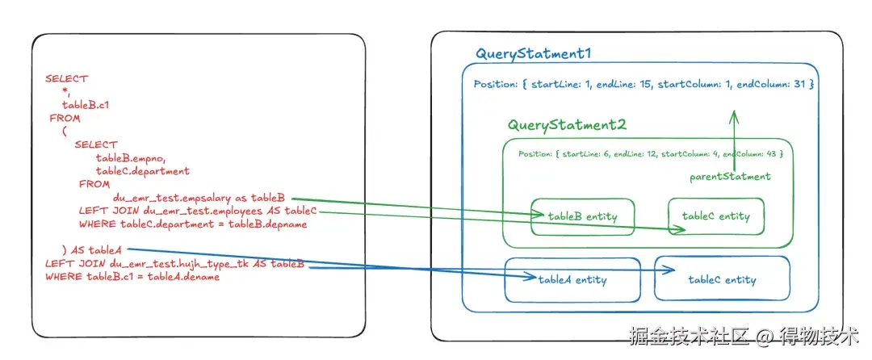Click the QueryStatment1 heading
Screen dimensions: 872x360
[533, 54]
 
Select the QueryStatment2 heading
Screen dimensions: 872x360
[567, 125]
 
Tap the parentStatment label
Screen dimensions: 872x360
[730, 177]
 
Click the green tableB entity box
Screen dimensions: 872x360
[582, 216]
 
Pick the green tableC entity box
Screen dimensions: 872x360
[715, 216]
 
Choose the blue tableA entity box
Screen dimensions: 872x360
[572, 280]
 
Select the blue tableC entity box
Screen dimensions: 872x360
[722, 279]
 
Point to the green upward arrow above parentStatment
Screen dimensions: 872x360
[733, 141]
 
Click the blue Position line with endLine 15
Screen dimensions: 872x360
[644, 85]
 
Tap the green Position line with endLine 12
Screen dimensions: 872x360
[650, 154]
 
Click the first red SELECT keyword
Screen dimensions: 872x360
[67, 79]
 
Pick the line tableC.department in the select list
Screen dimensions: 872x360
[143, 170]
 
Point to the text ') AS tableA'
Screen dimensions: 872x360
[92, 250]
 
